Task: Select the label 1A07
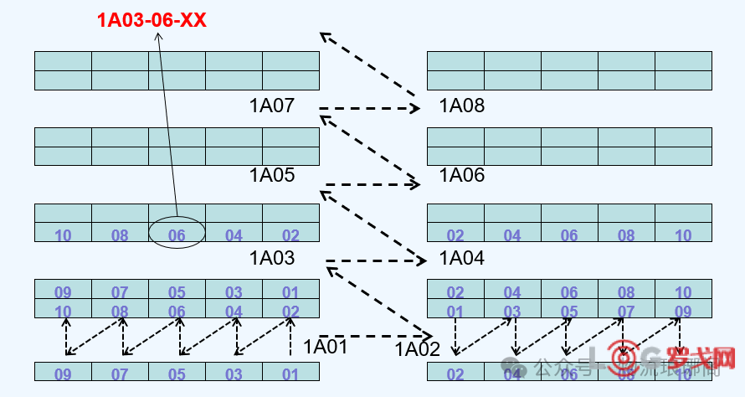coord(272,106)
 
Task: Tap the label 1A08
coord(462,106)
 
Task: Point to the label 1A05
coord(272,175)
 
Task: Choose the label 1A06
coord(462,175)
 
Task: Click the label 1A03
coord(272,258)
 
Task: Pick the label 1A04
coord(462,258)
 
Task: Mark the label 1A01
coord(325,346)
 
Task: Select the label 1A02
coord(418,349)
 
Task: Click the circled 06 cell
coord(177,235)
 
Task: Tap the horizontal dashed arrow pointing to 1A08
coord(368,108)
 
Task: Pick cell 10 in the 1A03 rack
coord(63,235)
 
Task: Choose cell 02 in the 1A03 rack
coord(290,235)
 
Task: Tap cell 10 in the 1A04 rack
coord(683,235)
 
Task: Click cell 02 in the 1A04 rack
coord(455,235)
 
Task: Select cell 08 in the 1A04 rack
coord(626,235)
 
